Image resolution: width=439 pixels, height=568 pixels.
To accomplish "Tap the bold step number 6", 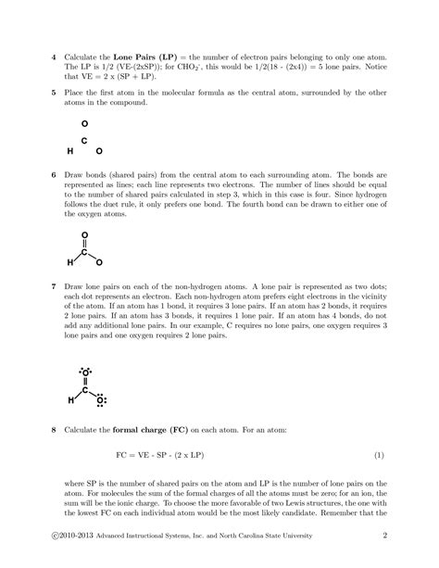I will pyautogui.click(x=54, y=175).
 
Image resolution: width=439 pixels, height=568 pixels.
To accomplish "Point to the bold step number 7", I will pyautogui.click(x=54, y=290).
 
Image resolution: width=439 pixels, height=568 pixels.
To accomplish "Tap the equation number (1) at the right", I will pyautogui.click(x=379, y=456).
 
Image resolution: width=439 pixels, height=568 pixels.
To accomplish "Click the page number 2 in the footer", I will pyautogui.click(x=383, y=536).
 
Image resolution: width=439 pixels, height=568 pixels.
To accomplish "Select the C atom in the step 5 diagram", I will pyautogui.click(x=84, y=141).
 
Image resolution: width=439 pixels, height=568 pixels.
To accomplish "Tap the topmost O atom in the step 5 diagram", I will pyautogui.click(x=84, y=124).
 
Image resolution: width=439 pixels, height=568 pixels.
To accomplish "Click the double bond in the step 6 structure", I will pyautogui.click(x=84, y=246).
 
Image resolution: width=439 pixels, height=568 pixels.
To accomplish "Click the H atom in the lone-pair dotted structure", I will pyautogui.click(x=70, y=401).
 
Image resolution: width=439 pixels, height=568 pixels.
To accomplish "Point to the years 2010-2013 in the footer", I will pyautogui.click(x=82, y=536).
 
